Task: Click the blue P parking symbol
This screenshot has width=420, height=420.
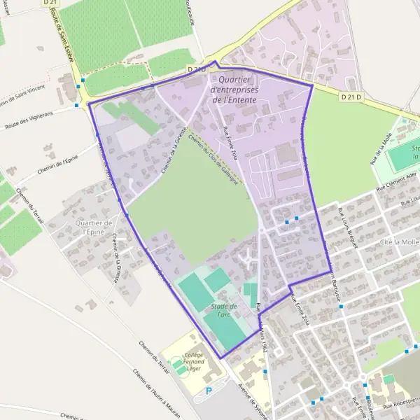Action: click(208, 391)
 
